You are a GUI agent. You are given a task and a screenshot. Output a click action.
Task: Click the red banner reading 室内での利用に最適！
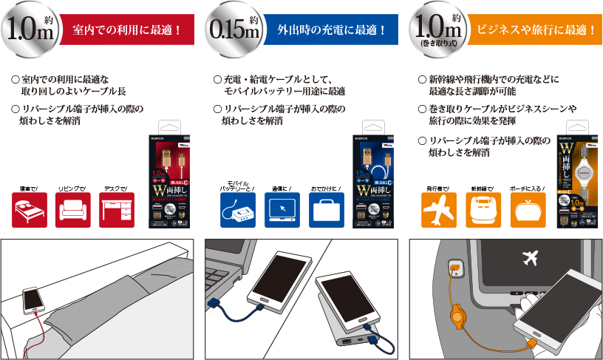[x=128, y=30]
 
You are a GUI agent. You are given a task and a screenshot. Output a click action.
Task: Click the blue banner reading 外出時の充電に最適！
[x=332, y=30]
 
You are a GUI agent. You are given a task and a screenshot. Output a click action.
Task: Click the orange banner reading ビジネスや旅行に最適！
[x=536, y=30]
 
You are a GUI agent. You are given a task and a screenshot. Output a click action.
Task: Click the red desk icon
[x=117, y=210]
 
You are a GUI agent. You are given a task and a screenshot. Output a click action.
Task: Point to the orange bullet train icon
[x=484, y=211]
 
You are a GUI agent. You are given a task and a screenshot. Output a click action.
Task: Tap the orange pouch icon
[x=528, y=211]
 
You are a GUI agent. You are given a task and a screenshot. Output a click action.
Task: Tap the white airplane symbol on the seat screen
[x=529, y=258]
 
